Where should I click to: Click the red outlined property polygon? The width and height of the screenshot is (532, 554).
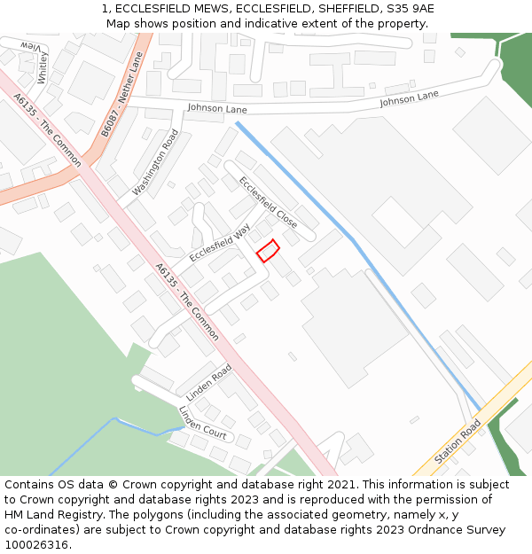pos(268,250)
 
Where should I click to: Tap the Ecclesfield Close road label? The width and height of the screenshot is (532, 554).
pos(268,202)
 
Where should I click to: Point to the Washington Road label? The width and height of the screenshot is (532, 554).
pos(155,162)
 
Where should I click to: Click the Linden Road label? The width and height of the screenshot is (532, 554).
pos(209,380)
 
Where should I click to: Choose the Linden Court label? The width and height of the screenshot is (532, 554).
pos(202,422)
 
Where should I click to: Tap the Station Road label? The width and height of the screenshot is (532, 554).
pos(458,442)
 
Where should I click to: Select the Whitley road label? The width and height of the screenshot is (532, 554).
pos(43,67)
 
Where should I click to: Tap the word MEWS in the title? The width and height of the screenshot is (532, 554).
pos(211,9)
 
